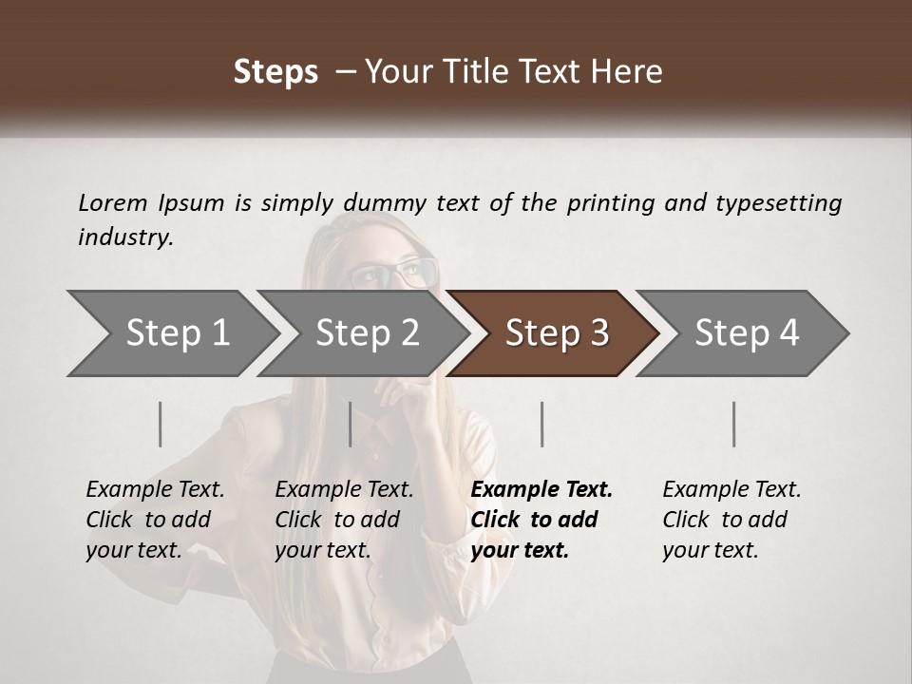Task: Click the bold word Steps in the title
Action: click(x=275, y=72)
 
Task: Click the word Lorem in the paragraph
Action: click(x=113, y=202)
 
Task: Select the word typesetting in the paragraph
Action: click(x=778, y=203)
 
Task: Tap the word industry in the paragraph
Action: click(x=125, y=237)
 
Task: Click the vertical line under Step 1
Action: click(x=161, y=424)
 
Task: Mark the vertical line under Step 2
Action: click(x=351, y=424)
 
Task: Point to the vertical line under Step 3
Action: click(x=541, y=424)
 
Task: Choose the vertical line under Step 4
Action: click(x=733, y=424)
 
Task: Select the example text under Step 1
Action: click(x=155, y=520)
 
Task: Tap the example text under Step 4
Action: click(x=731, y=520)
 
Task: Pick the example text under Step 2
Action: click(x=344, y=520)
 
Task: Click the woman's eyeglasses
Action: click(x=392, y=275)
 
